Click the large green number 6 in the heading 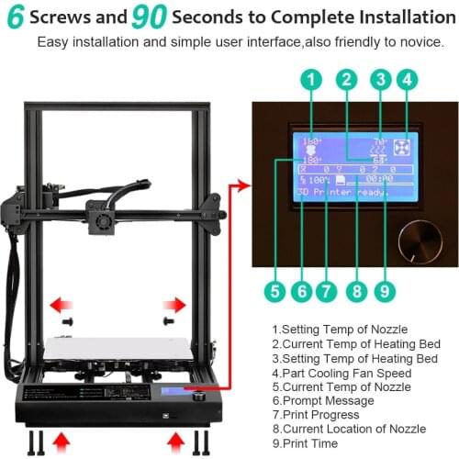pos(15,17)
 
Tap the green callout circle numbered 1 pos(312,80)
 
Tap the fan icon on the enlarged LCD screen pos(402,146)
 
